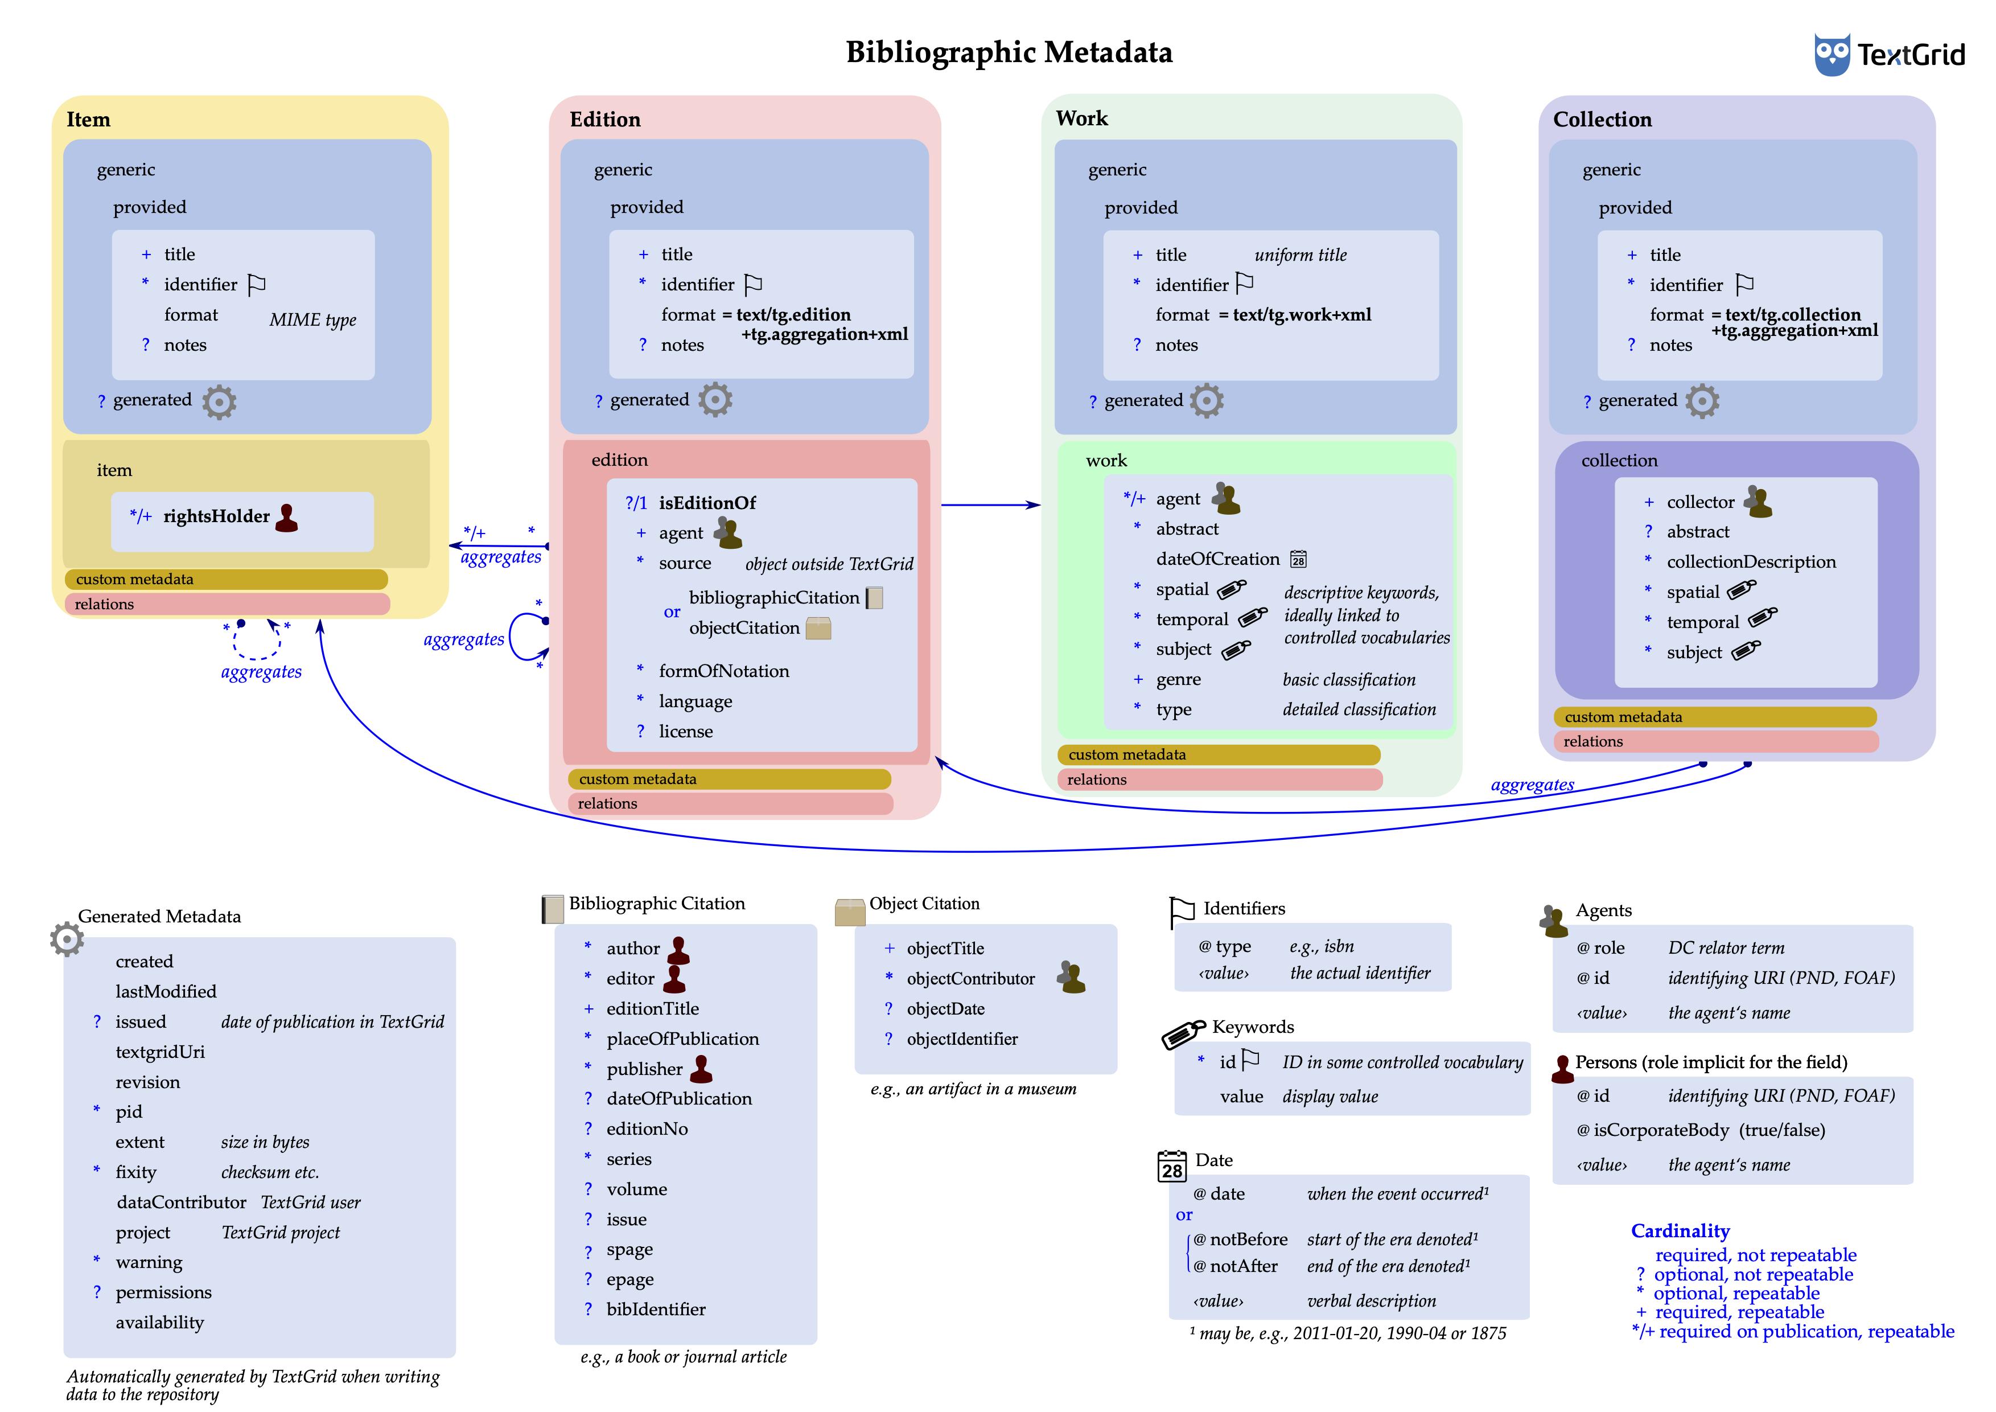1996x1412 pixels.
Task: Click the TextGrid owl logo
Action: [1832, 54]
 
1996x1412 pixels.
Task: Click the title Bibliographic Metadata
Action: [1009, 52]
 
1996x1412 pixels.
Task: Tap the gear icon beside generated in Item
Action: [219, 402]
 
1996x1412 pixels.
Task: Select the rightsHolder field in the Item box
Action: [216, 516]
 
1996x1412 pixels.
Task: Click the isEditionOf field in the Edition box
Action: [707, 503]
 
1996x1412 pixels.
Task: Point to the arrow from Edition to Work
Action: [991, 504]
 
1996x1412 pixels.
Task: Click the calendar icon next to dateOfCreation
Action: [1298, 559]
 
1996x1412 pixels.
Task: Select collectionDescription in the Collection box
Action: [1751, 562]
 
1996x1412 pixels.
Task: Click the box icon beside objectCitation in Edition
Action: [818, 628]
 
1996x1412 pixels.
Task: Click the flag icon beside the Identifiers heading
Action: [1182, 911]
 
